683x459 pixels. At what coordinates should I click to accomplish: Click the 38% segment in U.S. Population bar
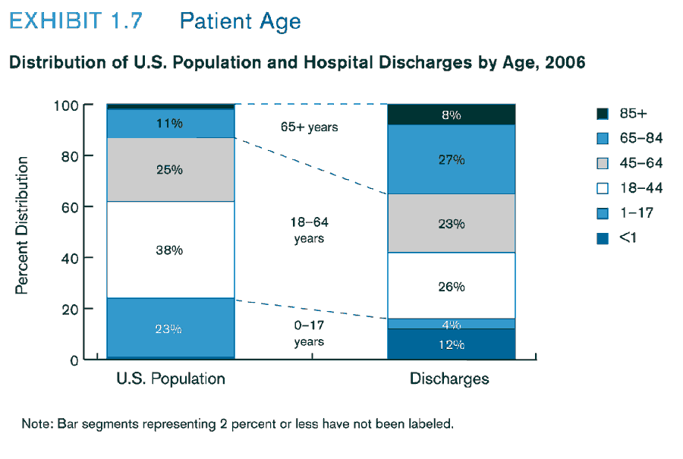click(x=170, y=250)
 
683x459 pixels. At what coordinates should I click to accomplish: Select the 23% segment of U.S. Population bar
click(x=170, y=329)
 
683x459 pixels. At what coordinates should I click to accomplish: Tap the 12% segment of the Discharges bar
click(x=451, y=344)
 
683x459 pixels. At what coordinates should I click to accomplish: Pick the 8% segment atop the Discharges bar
click(x=451, y=115)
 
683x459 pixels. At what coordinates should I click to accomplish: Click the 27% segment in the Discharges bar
click(x=451, y=159)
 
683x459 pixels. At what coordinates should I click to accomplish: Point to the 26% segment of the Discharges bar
click(x=451, y=286)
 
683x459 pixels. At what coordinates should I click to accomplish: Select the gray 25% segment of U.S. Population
click(x=170, y=169)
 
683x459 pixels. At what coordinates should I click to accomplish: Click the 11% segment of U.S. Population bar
click(x=170, y=123)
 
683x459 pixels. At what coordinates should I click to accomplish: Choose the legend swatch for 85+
click(x=603, y=114)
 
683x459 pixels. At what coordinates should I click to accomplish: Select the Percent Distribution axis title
click(x=23, y=225)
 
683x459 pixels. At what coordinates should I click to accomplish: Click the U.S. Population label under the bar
click(x=170, y=379)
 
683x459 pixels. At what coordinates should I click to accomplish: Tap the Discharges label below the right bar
click(x=449, y=379)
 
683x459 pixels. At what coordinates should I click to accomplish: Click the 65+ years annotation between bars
click(x=309, y=127)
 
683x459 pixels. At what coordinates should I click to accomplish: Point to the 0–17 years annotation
click(x=309, y=333)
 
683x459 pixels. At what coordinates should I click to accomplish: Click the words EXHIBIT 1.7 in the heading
click(x=75, y=20)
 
